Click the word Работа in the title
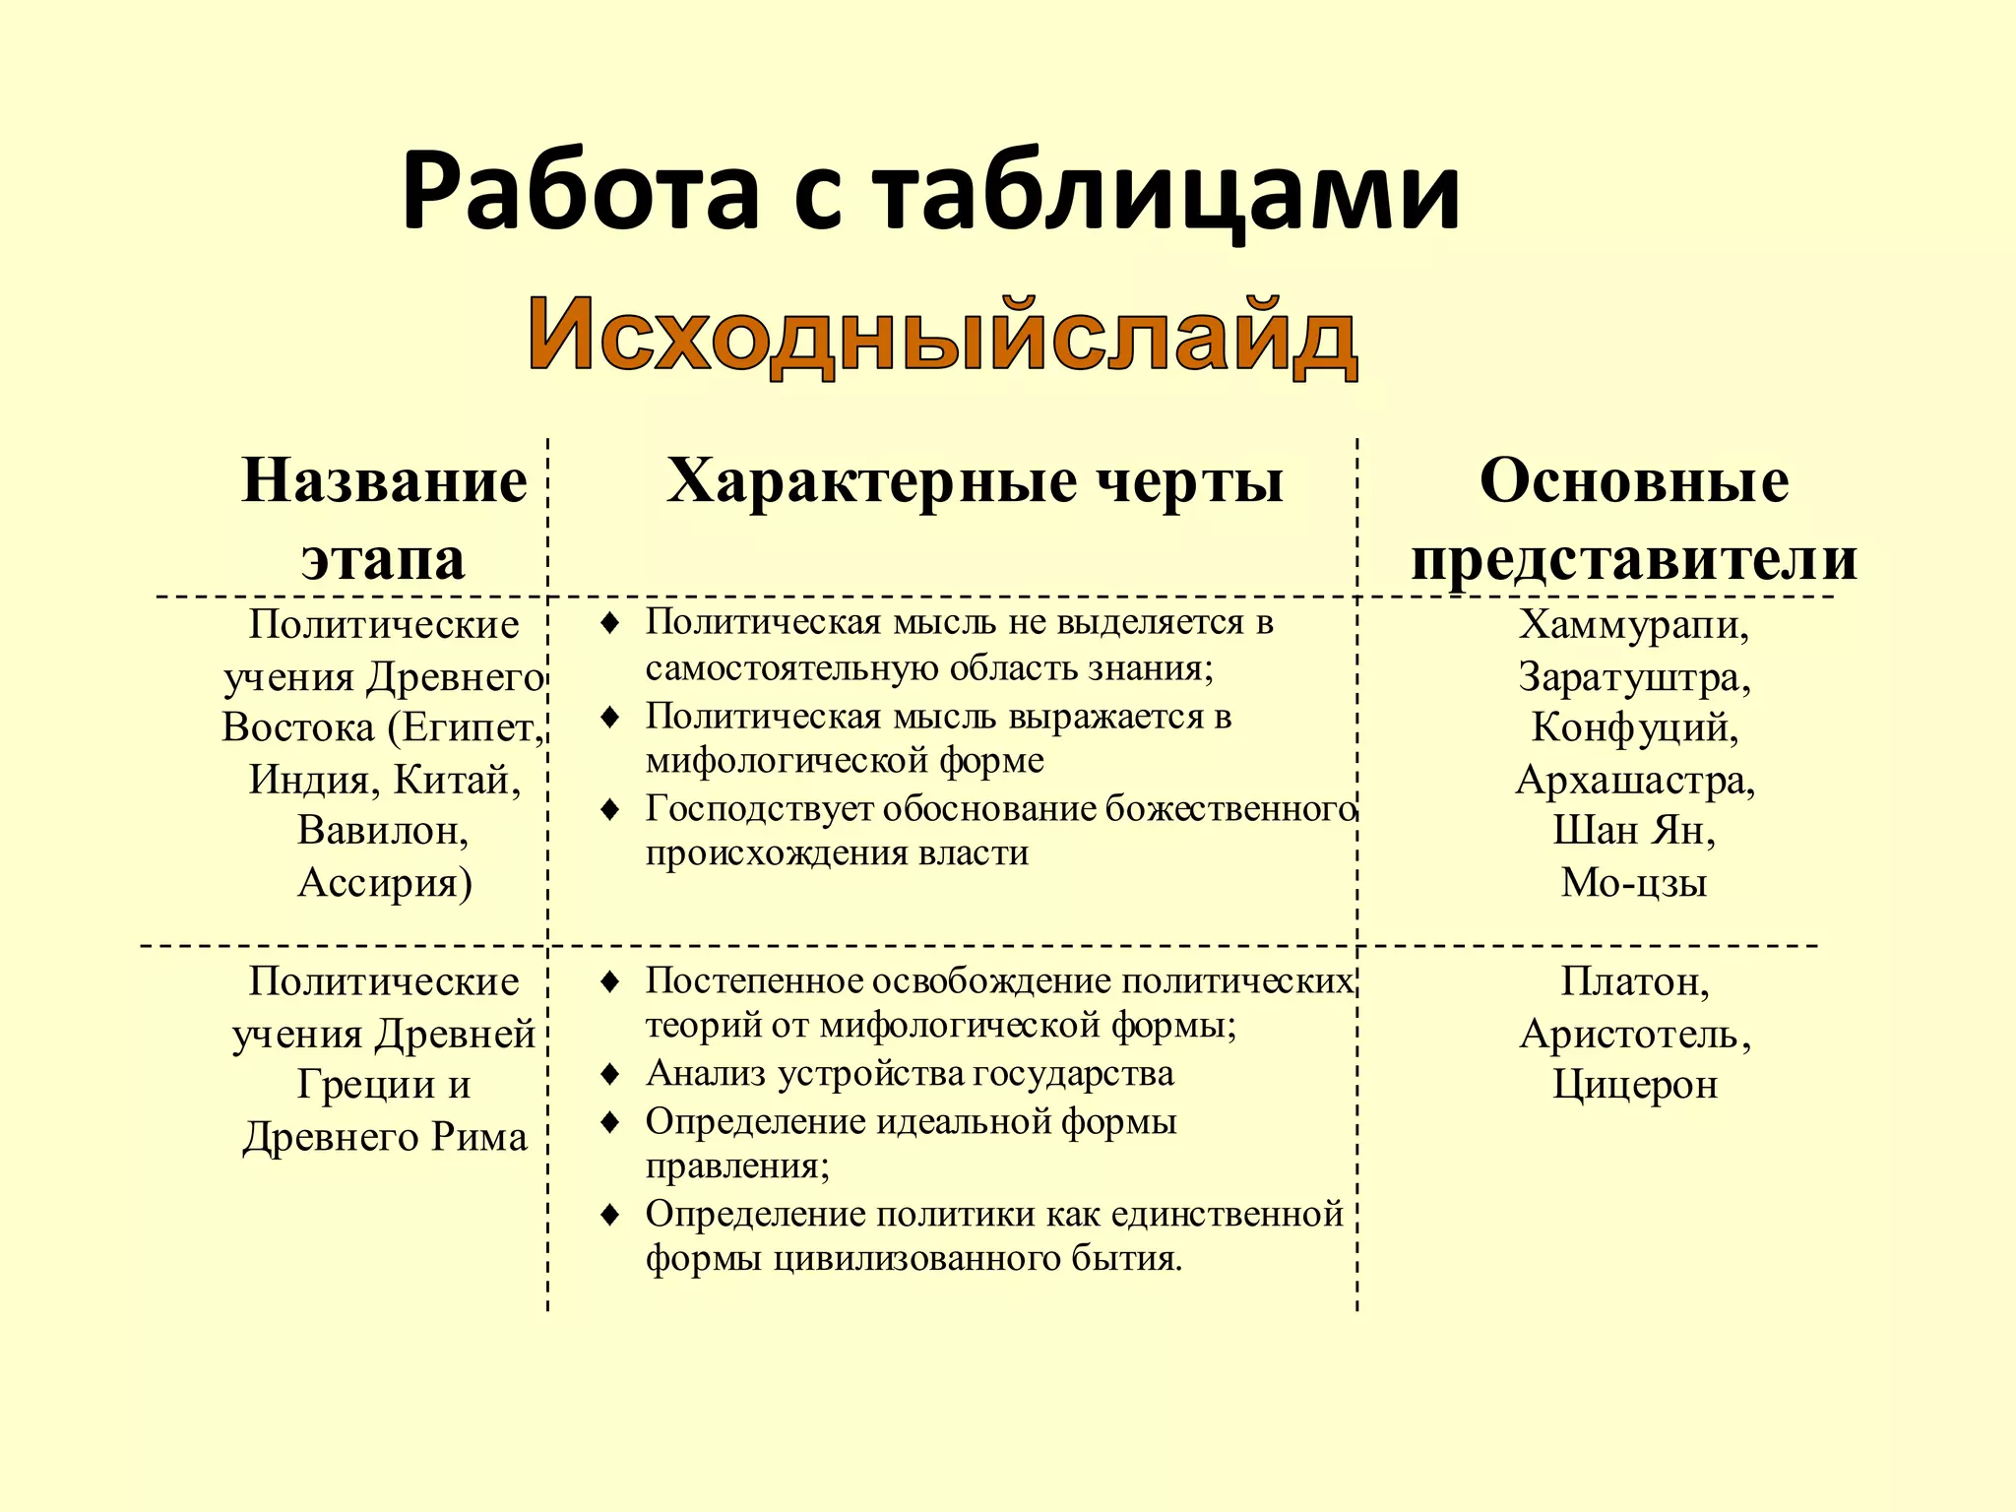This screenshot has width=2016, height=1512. pos(581,192)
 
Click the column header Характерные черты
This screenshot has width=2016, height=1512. pos(975,482)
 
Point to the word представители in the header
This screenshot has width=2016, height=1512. pos(1634,559)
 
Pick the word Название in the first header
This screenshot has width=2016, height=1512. pos(384,482)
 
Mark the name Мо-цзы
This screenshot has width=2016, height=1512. pos(1634,883)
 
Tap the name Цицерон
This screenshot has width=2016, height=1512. pos(1634,1085)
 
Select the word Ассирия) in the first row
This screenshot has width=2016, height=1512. pos(384,883)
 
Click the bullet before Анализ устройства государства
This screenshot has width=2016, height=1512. pos(610,1074)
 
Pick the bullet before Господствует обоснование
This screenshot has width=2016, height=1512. pos(610,810)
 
